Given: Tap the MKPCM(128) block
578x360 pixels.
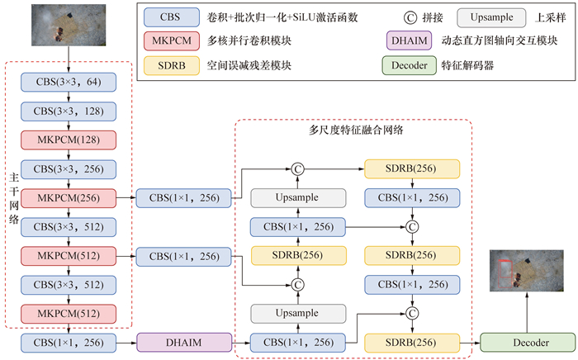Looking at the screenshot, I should coord(69,140).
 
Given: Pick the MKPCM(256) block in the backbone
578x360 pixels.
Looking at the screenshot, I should coord(69,197).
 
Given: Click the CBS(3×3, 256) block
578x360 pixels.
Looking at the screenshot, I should coord(69,168).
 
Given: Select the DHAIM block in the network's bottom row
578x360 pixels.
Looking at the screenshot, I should coord(182,340).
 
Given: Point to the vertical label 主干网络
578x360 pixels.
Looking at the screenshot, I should coord(12,198).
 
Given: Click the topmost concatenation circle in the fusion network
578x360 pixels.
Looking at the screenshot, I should coord(298,168).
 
